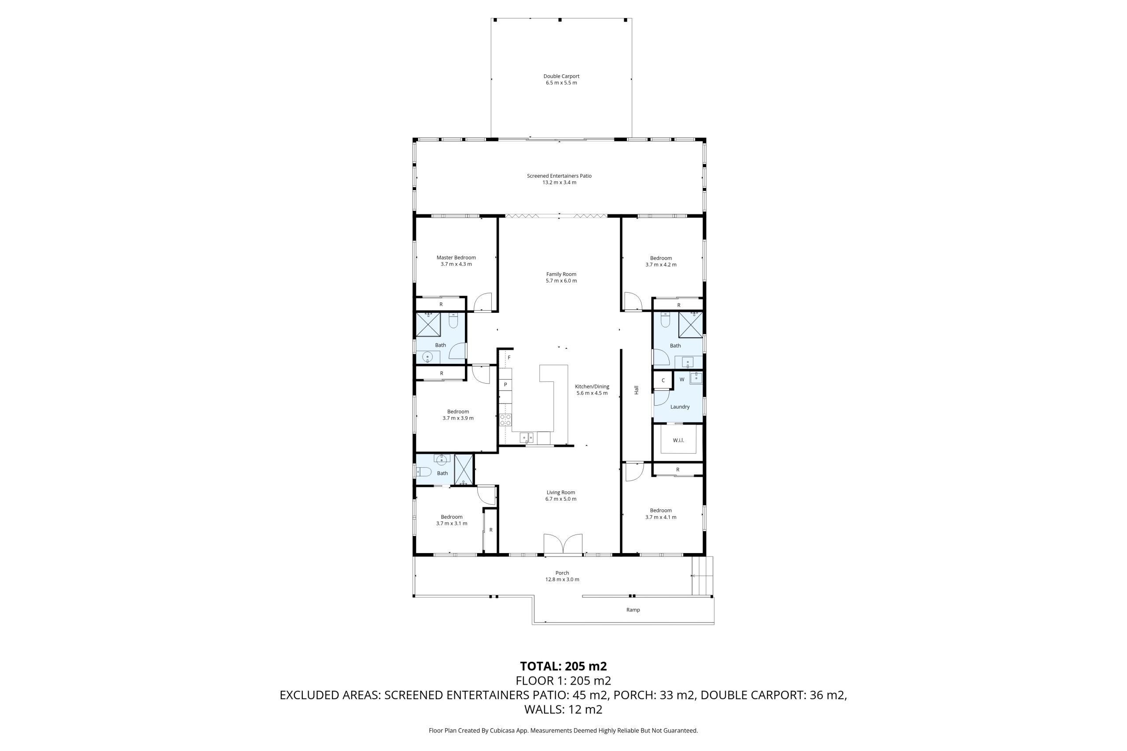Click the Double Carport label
coord(561,76)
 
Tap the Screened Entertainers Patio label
coord(559,176)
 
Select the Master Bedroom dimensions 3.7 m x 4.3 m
coord(456,264)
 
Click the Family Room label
coord(561,275)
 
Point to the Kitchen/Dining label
coord(592,387)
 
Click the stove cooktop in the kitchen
coord(505,420)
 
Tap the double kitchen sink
coord(527,438)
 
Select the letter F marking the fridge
coord(509,357)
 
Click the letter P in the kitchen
coord(505,385)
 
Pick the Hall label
coord(636,390)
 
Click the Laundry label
coord(680,407)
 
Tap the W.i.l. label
coord(678,440)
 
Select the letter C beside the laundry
coord(663,381)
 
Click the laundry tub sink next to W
coord(696,378)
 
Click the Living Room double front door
coord(563,544)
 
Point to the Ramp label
coord(633,610)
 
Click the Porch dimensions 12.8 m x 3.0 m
coord(562,579)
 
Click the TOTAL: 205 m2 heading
coord(563,666)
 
